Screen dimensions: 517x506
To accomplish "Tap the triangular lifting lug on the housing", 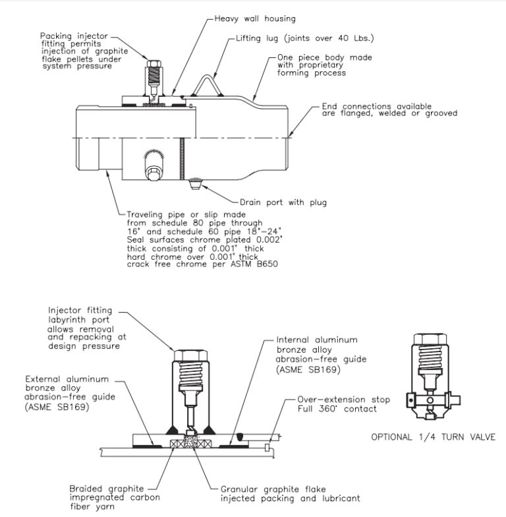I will coord(209,86).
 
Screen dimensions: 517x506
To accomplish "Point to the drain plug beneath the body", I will coord(194,184).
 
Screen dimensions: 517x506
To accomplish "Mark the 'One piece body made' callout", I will coord(307,58).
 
